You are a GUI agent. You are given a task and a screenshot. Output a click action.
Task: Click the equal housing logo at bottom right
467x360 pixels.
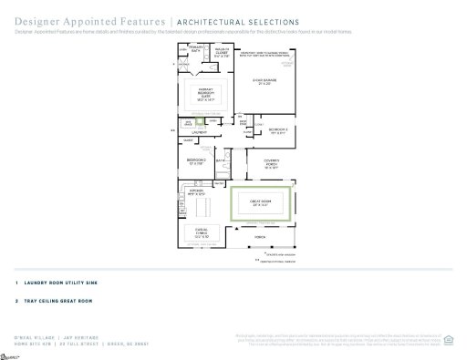(x=447, y=342)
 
